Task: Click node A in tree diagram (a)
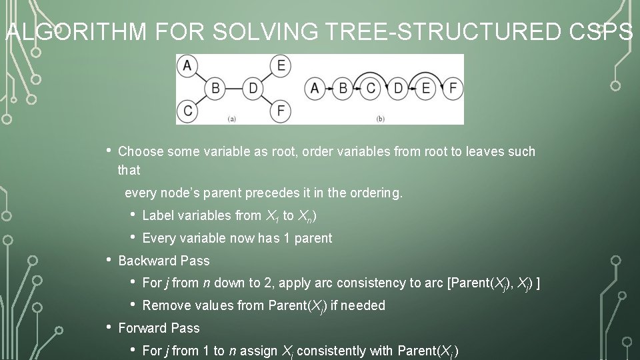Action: click(187, 65)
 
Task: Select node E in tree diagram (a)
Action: click(281, 65)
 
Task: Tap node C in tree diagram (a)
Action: click(187, 110)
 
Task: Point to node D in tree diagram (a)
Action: click(253, 88)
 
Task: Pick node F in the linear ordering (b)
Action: click(453, 88)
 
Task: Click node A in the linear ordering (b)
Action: click(314, 88)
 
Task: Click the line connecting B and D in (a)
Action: click(235, 88)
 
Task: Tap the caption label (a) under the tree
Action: click(232, 119)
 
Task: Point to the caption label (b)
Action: click(381, 119)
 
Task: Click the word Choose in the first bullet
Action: click(141, 152)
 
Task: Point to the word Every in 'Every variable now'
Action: click(158, 238)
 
